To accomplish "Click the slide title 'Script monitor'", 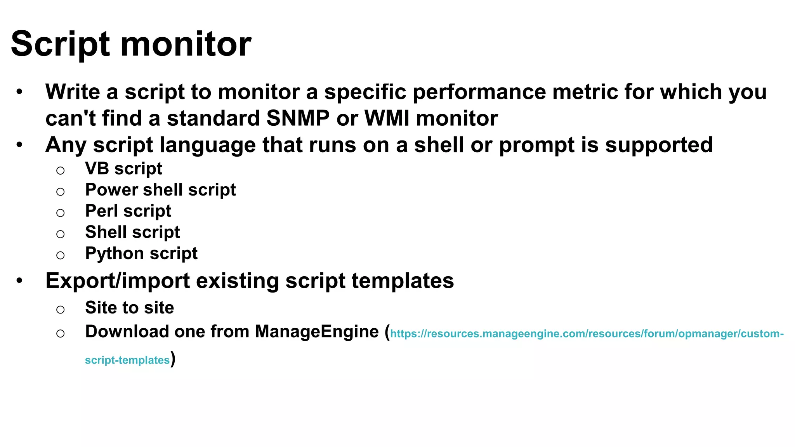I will pos(131,44).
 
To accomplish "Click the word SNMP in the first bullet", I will pos(298,118).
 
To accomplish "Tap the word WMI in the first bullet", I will pos(387,118).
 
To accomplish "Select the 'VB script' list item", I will pos(123,168).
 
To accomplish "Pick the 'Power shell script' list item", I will pos(160,190).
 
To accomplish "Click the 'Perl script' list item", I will pos(128,211).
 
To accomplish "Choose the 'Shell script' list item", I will pos(132,232).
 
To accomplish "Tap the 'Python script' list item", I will pos(141,253).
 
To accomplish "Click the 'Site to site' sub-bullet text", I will pos(129,308).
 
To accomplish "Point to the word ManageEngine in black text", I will pos(317,332).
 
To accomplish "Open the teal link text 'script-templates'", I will pos(127,360).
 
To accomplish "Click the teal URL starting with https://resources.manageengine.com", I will pos(587,334).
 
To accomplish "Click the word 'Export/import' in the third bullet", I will pos(118,281).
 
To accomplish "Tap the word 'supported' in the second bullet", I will pos(659,145).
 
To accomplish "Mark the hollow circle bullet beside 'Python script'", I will pos(60,255).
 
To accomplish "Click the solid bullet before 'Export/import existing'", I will pos(19,280).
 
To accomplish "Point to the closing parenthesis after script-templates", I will pos(173,359).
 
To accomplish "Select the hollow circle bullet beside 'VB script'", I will pos(60,170).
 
